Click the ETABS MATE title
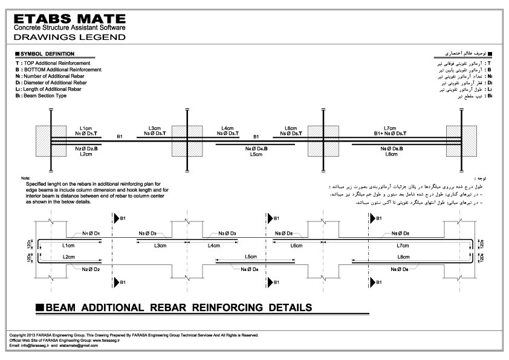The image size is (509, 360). click(x=68, y=18)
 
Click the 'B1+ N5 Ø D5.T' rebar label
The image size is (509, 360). click(x=389, y=134)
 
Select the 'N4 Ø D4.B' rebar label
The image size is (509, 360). click(x=256, y=149)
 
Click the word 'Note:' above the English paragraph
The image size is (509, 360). click(x=25, y=178)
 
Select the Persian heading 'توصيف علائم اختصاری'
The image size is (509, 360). click(x=464, y=54)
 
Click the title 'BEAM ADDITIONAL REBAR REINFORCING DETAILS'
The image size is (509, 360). click(x=179, y=307)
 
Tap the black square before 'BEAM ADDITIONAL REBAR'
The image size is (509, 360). click(x=40, y=307)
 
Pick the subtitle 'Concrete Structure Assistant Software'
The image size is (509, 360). click(x=69, y=28)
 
